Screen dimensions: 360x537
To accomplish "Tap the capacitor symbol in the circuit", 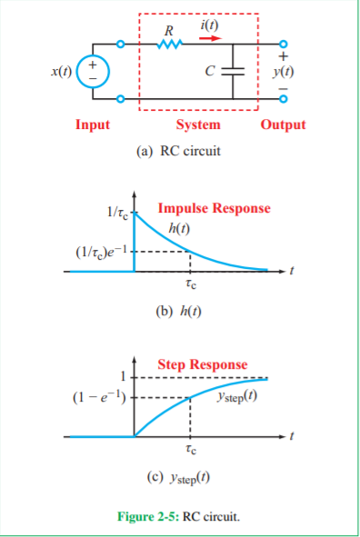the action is click(239, 69).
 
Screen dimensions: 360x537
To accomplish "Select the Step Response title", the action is click(202, 364).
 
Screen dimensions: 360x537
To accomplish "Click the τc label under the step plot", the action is click(189, 449).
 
